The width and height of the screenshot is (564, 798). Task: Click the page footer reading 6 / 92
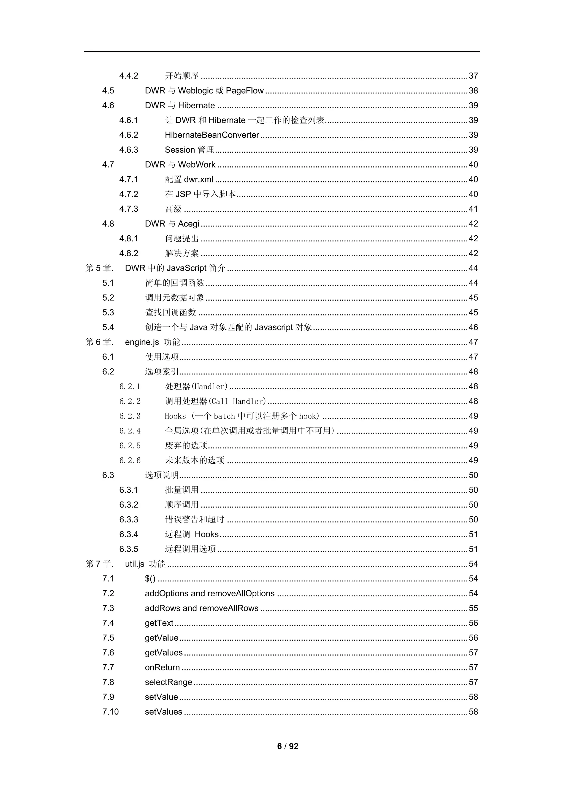click(x=288, y=746)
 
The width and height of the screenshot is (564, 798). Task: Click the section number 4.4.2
click(x=129, y=76)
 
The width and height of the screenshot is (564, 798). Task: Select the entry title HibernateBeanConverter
click(x=212, y=135)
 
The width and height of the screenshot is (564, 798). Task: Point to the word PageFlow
click(x=245, y=91)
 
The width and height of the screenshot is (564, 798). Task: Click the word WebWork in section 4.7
click(x=197, y=165)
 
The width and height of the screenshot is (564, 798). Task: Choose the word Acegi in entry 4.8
click(x=189, y=224)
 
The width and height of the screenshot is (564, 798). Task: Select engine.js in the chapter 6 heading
click(x=142, y=342)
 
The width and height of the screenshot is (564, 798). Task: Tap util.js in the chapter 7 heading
click(x=135, y=564)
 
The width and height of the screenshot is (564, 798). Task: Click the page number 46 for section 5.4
click(x=473, y=327)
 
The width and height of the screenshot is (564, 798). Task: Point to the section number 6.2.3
click(x=130, y=416)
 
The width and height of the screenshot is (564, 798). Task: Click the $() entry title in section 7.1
click(x=150, y=579)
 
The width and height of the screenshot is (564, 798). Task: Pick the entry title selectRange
click(x=169, y=682)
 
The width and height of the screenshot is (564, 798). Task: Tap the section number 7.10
click(x=110, y=712)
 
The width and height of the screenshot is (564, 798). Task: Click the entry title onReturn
click(x=162, y=667)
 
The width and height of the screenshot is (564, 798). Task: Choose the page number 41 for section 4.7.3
click(x=473, y=209)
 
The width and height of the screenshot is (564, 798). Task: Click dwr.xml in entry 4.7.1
click(x=199, y=179)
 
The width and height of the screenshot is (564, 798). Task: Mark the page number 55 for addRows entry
click(x=473, y=608)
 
